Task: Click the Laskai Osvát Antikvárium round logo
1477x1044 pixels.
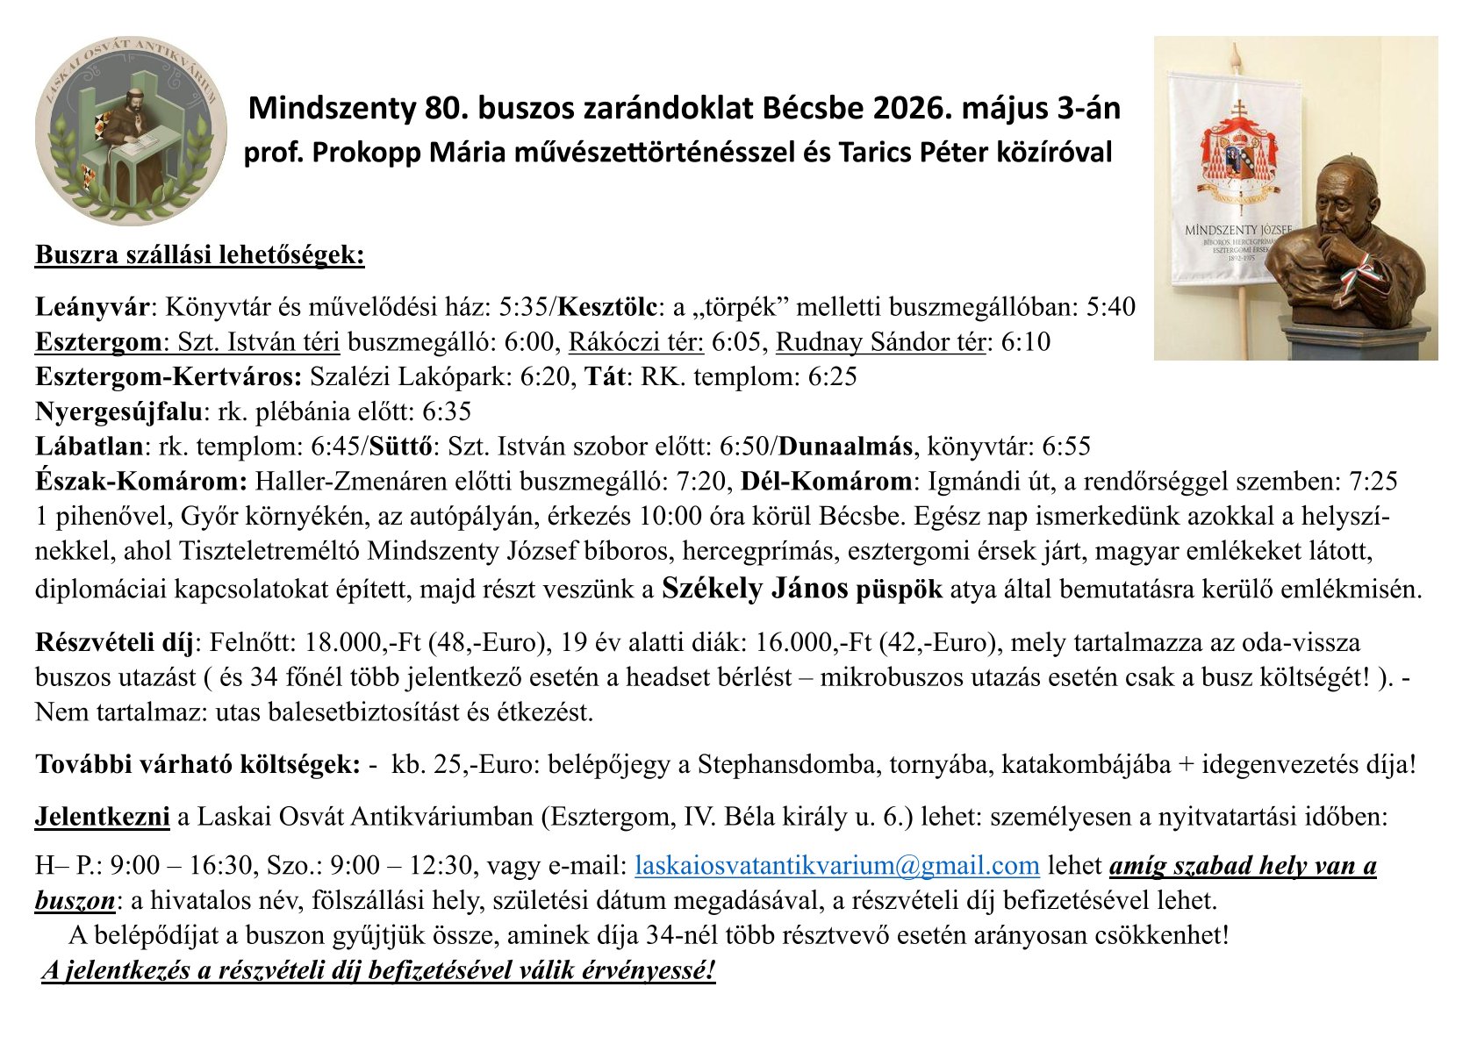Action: pyautogui.click(x=131, y=131)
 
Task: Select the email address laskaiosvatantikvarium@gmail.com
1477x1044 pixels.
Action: pyautogui.click(x=836, y=866)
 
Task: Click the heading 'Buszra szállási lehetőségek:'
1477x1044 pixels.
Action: pyautogui.click(x=199, y=255)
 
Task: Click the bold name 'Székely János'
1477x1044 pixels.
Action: pyautogui.click(x=755, y=588)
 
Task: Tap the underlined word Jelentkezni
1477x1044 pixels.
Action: pyautogui.click(x=102, y=817)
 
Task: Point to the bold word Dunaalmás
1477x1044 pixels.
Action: pyautogui.click(x=844, y=447)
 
